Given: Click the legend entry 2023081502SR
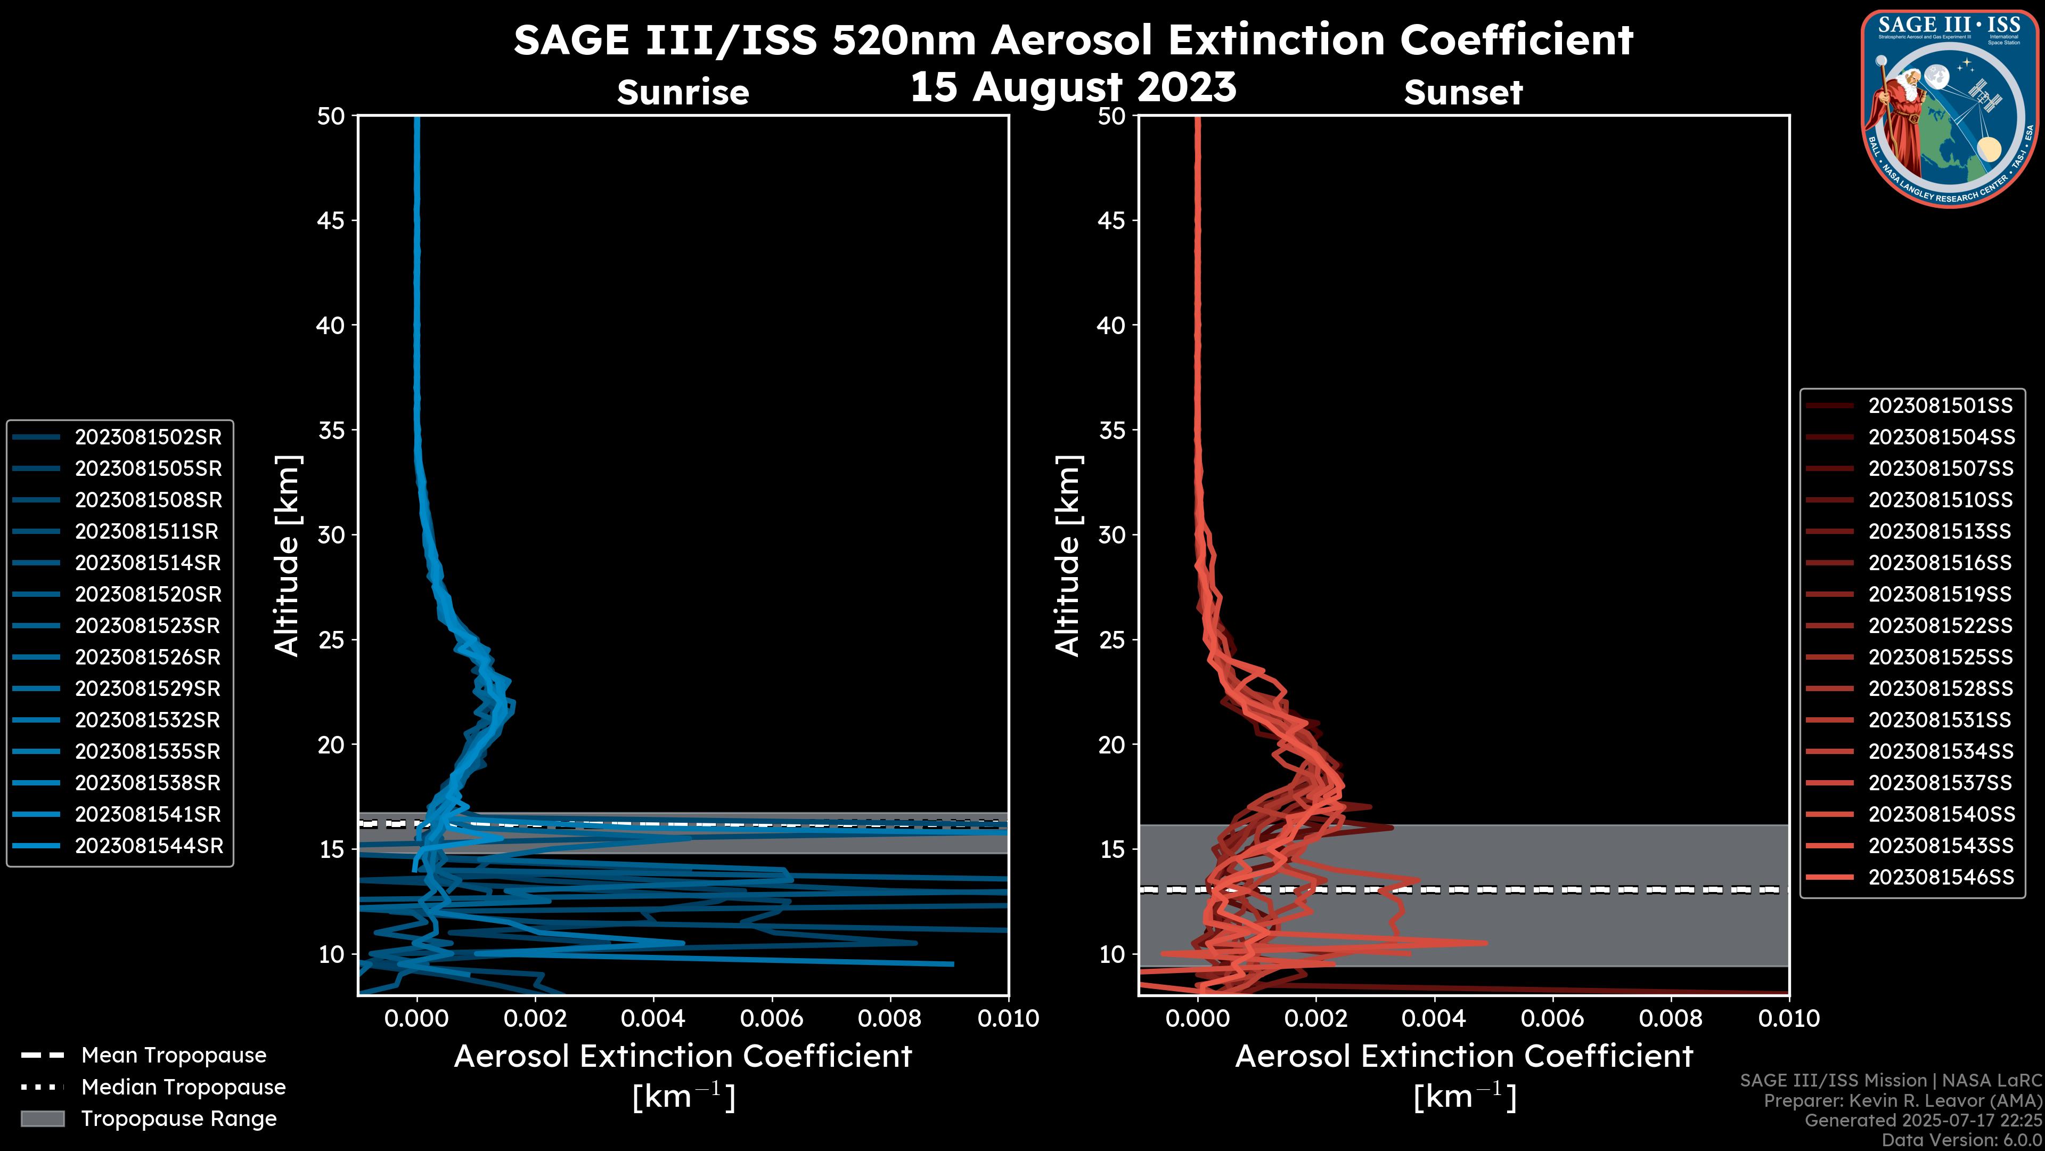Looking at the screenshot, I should pyautogui.click(x=148, y=437).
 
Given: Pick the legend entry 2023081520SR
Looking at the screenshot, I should pyautogui.click(x=148, y=594).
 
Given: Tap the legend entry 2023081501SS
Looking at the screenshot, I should pyautogui.click(x=1940, y=406).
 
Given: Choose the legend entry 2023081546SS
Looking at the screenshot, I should pyautogui.click(x=1940, y=877).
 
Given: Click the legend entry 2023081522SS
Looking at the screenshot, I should pyautogui.click(x=1940, y=626).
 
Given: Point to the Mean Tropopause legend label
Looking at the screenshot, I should pyautogui.click(x=173, y=1055).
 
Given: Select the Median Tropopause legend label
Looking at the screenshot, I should pyautogui.click(x=183, y=1087).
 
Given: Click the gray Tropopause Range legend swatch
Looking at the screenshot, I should pyautogui.click(x=42, y=1118).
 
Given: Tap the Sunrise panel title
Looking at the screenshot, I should pyautogui.click(x=683, y=93).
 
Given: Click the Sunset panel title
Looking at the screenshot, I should pyautogui.click(x=1462, y=93).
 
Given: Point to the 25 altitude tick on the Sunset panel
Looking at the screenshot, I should pyautogui.click(x=1111, y=639).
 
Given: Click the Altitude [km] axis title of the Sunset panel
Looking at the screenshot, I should pyautogui.click(x=1068, y=556).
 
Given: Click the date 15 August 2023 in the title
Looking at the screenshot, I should pyautogui.click(x=1073, y=87).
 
